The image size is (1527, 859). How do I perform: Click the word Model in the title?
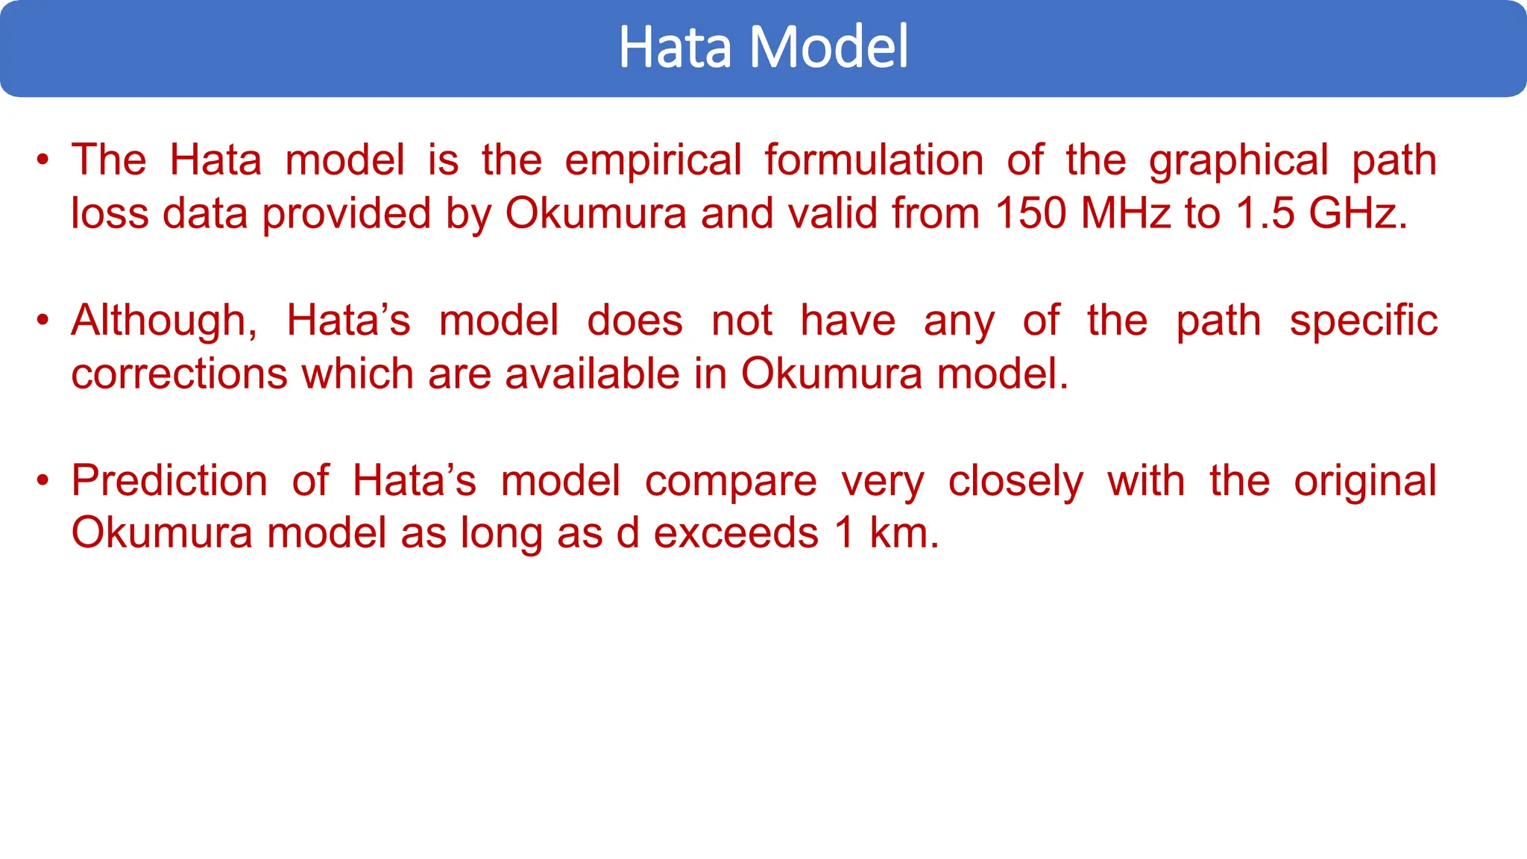(828, 47)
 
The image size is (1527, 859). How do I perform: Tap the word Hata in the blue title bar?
(676, 47)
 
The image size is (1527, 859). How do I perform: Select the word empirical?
(652, 160)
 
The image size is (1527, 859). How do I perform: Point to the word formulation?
(874, 160)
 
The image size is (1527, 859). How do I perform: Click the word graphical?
(1238, 160)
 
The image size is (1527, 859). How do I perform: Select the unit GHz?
(1357, 213)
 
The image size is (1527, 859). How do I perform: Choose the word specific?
(1363, 321)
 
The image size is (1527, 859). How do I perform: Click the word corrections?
(179, 374)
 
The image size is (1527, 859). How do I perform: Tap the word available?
(593, 374)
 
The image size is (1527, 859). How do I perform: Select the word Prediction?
(169, 480)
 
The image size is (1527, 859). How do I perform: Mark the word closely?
(1016, 481)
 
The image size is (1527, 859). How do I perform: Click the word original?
(1364, 481)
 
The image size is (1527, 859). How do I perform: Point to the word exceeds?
(736, 533)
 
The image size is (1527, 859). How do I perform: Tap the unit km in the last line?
(903, 533)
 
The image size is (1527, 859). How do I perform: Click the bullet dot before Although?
(43, 321)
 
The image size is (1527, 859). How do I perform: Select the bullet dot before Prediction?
(43, 480)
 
